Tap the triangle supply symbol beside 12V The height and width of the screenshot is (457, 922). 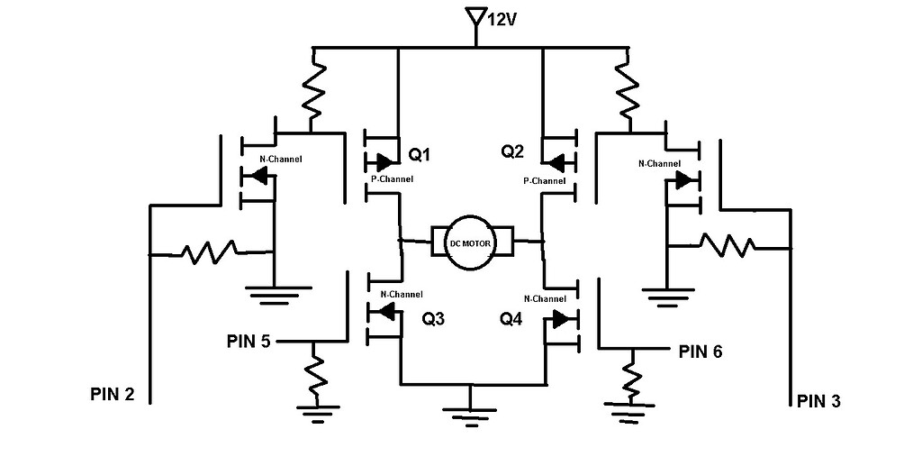tap(472, 17)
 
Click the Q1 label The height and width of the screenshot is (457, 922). tap(420, 155)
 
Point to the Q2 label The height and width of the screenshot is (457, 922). tap(512, 151)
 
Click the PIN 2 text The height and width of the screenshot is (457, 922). tap(113, 393)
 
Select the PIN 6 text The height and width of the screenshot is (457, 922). tap(701, 352)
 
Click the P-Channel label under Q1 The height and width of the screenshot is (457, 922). tap(393, 179)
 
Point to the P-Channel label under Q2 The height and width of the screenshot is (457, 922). tap(545, 180)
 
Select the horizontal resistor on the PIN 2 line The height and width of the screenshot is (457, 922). tap(210, 253)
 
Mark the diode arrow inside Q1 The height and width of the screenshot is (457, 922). tap(383, 162)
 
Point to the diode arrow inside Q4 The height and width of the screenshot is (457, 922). tap(561, 319)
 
